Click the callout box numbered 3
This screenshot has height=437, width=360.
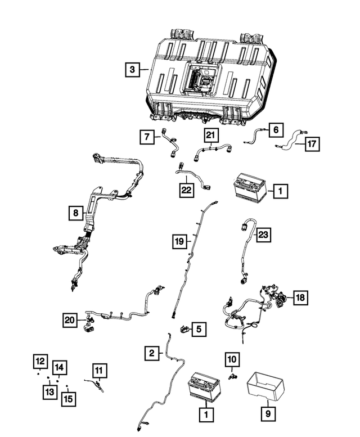[x=132, y=70]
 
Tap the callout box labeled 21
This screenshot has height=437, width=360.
[x=210, y=135]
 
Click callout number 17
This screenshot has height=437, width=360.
[x=313, y=144]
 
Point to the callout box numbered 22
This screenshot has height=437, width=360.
[x=186, y=191]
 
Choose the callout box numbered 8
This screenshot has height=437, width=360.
[x=74, y=213]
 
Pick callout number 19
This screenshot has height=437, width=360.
[x=179, y=242]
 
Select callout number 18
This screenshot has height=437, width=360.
[x=300, y=298]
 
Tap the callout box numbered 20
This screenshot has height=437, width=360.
[x=70, y=320]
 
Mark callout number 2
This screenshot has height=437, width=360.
[x=151, y=353]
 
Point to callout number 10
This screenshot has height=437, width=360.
[x=232, y=358]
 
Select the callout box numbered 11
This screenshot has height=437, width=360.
[x=99, y=370]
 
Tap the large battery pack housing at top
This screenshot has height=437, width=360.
[x=208, y=73]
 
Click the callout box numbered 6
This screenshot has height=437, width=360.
[x=275, y=129]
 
